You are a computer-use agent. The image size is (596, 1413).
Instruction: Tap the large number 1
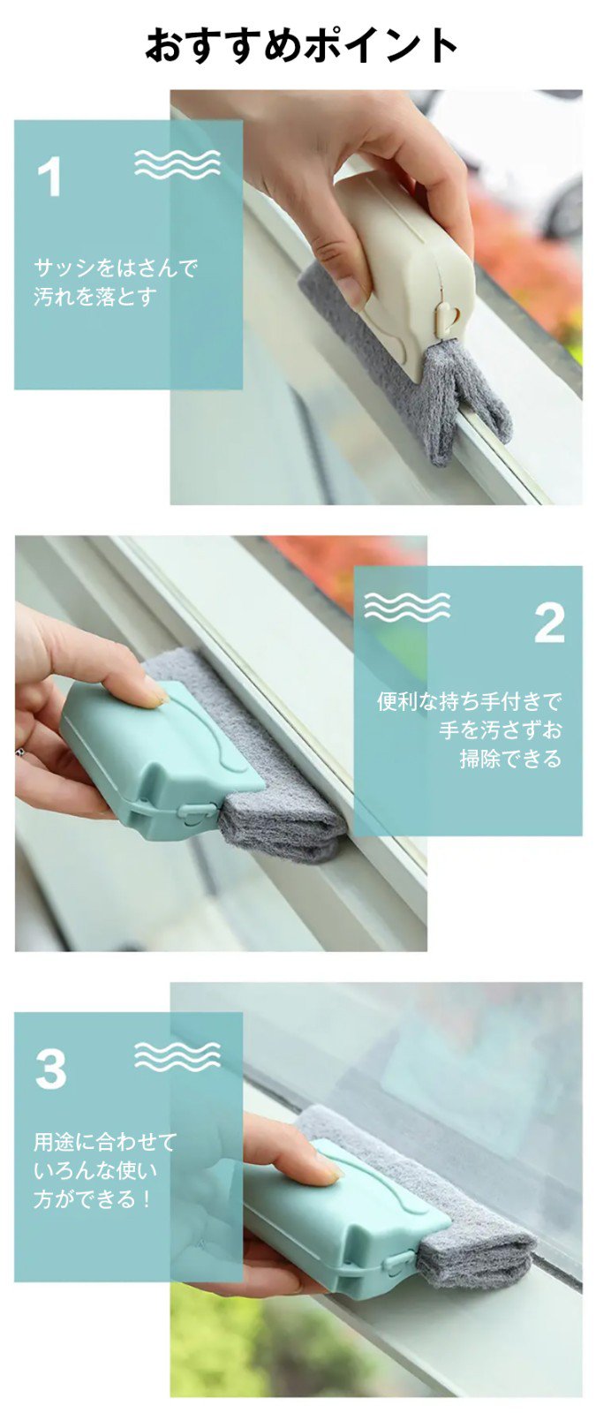(x=50, y=177)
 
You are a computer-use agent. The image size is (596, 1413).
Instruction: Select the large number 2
(x=549, y=623)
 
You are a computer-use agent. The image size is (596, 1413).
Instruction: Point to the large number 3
(x=51, y=1069)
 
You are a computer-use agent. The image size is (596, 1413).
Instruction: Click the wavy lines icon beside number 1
(x=177, y=164)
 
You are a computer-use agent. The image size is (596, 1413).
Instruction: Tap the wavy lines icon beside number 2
(x=406, y=607)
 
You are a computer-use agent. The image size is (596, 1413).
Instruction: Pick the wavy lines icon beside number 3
(x=177, y=1056)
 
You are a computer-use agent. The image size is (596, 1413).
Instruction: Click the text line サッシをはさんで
(x=116, y=268)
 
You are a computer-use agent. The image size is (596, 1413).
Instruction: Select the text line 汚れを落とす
(x=95, y=296)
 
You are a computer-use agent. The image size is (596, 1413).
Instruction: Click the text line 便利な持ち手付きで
(x=469, y=702)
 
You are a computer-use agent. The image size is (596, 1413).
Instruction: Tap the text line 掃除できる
(x=510, y=759)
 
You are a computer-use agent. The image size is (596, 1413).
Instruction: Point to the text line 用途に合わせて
(x=105, y=1142)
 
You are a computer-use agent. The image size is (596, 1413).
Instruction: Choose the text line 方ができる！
(x=94, y=1198)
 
